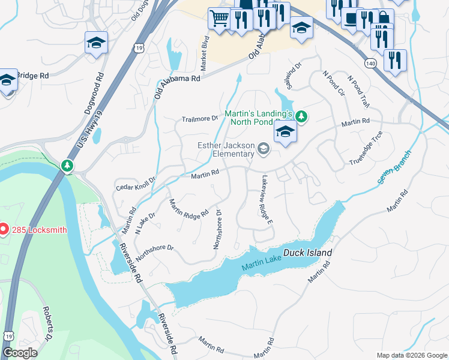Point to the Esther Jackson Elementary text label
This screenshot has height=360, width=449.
[x=226, y=149]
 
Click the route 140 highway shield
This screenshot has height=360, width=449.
[x=370, y=63]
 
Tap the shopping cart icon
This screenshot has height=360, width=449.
[x=218, y=17]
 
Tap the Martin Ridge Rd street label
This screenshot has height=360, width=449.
[x=188, y=208]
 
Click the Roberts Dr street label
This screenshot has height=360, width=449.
[x=48, y=325]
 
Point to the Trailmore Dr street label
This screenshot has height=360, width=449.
[x=199, y=119]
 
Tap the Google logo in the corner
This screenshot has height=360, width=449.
[x=20, y=353]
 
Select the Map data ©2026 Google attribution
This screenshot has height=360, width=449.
[x=411, y=355]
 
